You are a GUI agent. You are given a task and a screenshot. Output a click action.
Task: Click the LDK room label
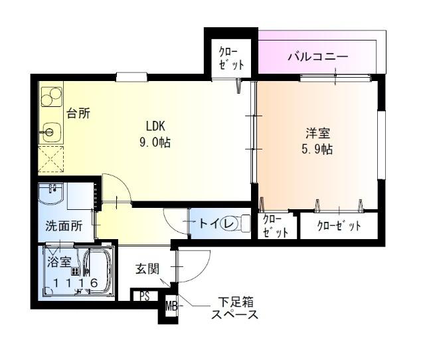(x=155, y=126)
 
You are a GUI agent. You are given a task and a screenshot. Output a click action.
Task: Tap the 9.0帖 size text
(x=155, y=141)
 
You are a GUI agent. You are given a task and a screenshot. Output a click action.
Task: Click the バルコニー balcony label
(x=317, y=56)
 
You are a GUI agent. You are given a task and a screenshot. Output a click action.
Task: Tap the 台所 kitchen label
(x=78, y=113)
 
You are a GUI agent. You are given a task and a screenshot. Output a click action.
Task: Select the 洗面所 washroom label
(x=64, y=226)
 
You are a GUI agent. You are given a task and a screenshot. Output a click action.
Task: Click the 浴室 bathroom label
(x=58, y=262)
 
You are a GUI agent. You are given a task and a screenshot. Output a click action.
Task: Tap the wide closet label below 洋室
(x=339, y=226)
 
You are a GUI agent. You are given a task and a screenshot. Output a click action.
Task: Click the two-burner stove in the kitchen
(x=50, y=98)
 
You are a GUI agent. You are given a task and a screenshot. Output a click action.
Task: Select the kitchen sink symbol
(x=50, y=132)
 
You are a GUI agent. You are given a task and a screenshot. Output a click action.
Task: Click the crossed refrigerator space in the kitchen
(x=50, y=160)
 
